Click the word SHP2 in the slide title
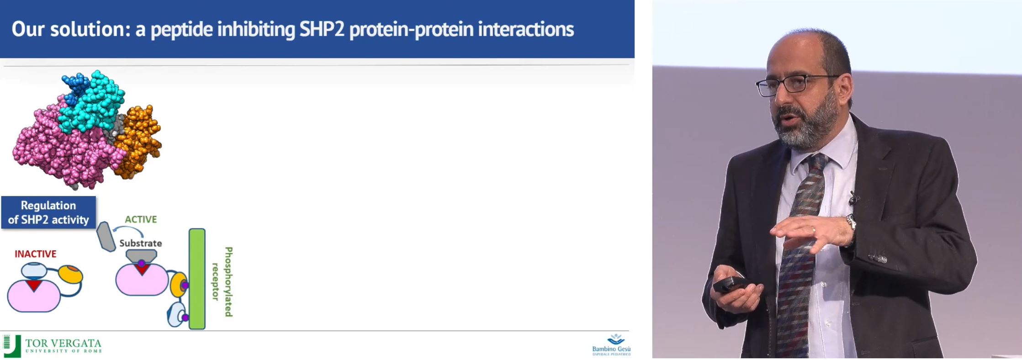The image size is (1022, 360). coord(322,29)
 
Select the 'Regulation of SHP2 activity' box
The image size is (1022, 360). coord(48,212)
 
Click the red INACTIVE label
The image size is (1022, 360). coord(36,254)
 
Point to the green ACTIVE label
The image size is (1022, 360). coord(141,219)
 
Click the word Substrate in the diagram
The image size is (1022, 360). coord(141,243)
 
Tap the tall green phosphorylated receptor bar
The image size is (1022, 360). coord(197,279)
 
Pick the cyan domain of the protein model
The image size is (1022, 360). coord(94,103)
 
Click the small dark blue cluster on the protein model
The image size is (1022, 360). coord(73,87)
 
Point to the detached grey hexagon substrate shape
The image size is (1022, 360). coord(106,236)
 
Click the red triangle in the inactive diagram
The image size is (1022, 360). coord(34,286)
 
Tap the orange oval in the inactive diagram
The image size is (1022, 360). coord(71,274)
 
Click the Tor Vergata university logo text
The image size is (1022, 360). coord(63,346)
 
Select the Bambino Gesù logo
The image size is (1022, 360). coord(611,345)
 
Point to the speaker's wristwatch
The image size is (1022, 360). coord(850,223)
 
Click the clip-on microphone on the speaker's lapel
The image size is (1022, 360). coord(853,198)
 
